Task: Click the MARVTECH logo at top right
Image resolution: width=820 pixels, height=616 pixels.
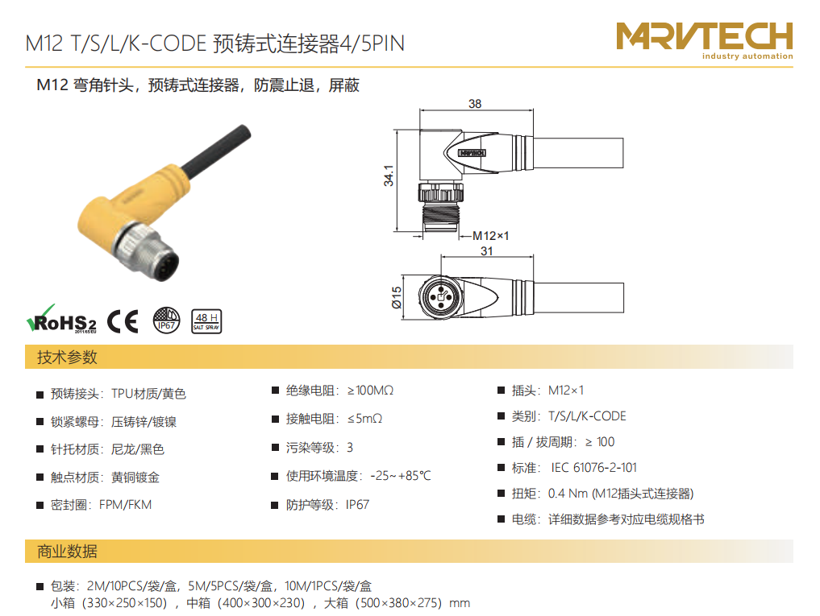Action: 705,41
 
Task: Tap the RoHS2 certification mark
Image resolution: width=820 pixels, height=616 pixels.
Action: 62,319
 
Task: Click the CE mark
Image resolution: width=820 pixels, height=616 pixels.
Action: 123,321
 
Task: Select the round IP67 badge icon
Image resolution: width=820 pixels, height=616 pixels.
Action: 166,320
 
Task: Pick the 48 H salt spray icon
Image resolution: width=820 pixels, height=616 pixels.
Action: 206,321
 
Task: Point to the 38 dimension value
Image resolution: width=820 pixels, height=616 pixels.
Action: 475,103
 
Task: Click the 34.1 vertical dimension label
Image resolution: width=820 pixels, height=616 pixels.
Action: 389,176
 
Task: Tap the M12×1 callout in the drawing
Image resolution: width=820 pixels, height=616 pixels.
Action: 490,236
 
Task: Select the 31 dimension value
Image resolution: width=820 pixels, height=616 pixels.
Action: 487,250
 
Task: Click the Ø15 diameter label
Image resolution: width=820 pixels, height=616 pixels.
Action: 397,297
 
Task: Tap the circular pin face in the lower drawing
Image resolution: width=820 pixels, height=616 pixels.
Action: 440,297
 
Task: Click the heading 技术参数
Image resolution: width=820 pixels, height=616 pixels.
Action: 67,358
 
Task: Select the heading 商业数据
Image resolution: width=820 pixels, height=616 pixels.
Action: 67,552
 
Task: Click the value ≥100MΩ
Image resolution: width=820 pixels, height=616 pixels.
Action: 370,391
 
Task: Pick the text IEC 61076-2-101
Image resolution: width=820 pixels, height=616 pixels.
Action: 593,468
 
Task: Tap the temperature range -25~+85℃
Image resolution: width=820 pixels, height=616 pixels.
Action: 401,476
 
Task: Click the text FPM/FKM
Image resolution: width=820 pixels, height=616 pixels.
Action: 126,505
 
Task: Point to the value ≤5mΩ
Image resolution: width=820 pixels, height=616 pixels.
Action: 364,419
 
